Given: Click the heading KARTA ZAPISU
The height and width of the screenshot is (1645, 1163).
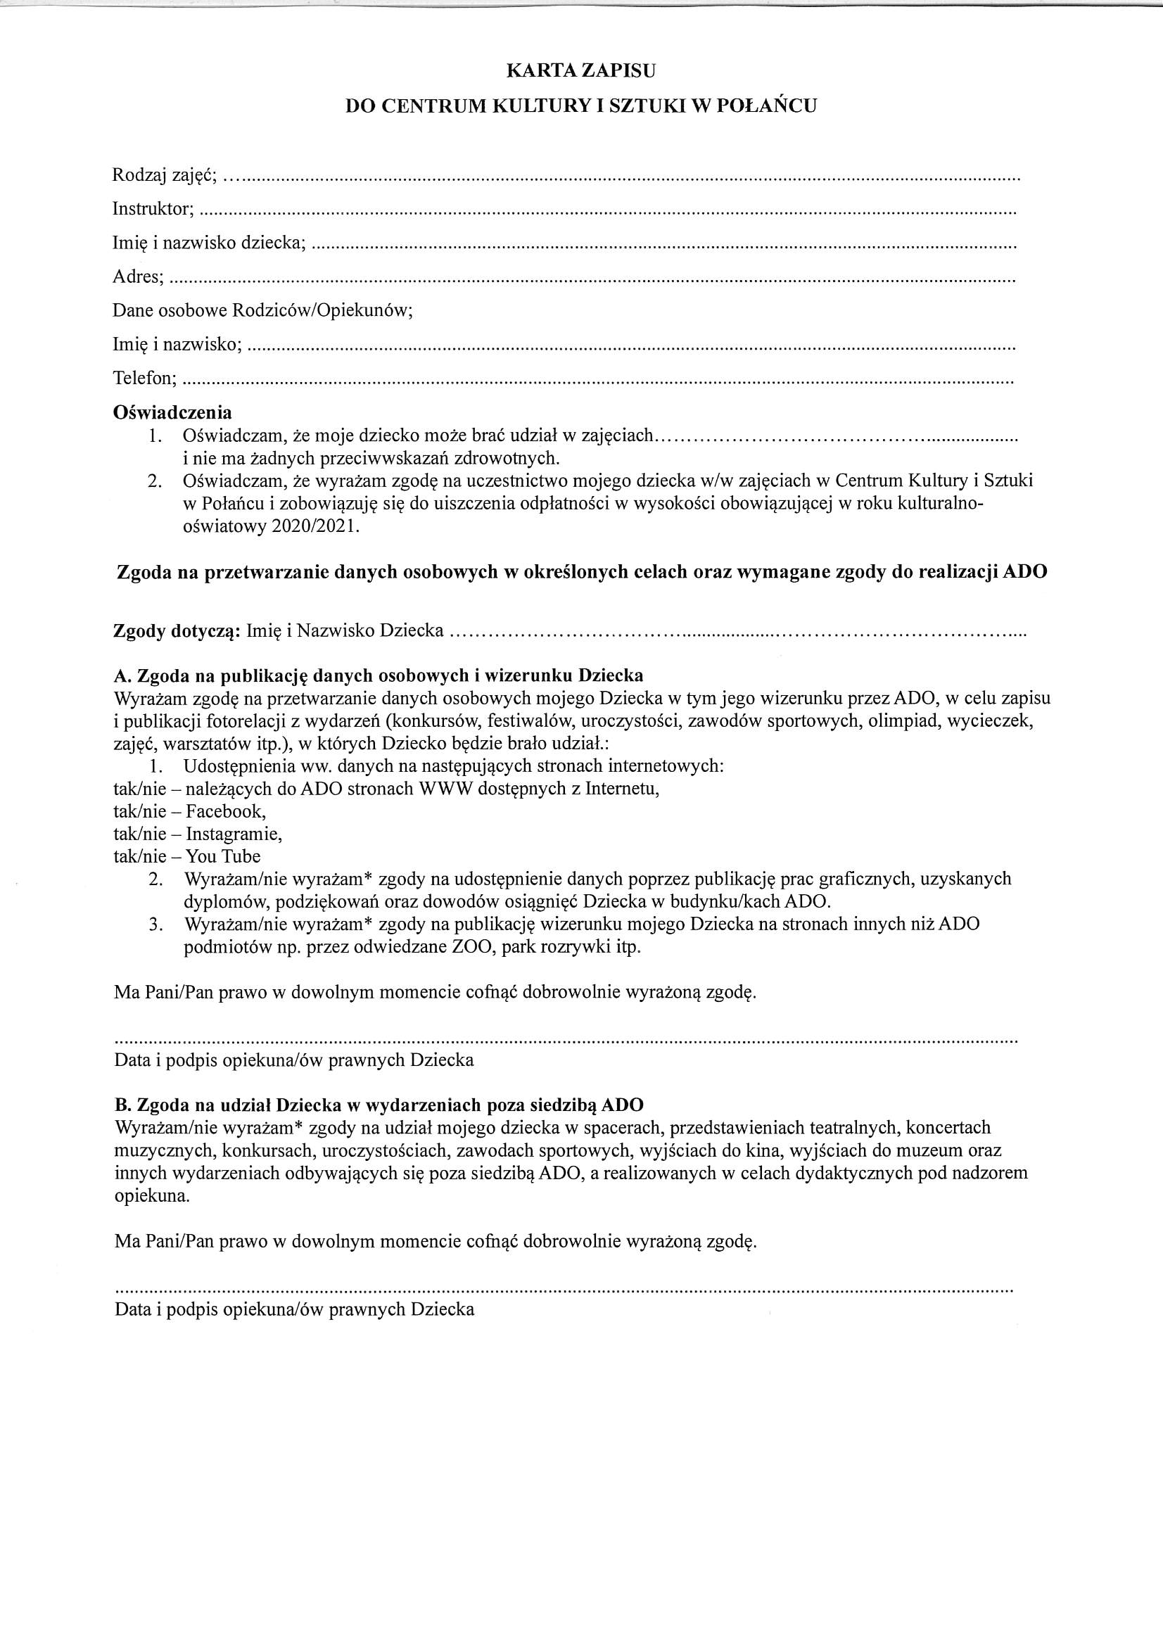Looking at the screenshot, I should click(x=581, y=71).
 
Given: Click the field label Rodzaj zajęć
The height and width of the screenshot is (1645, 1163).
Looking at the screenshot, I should click(x=164, y=174).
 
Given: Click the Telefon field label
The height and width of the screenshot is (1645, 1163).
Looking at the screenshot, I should click(x=145, y=378).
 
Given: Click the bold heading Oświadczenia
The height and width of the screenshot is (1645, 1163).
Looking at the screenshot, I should click(x=172, y=413).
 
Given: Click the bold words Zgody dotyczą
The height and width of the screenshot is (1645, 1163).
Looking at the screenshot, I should click(x=177, y=631).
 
